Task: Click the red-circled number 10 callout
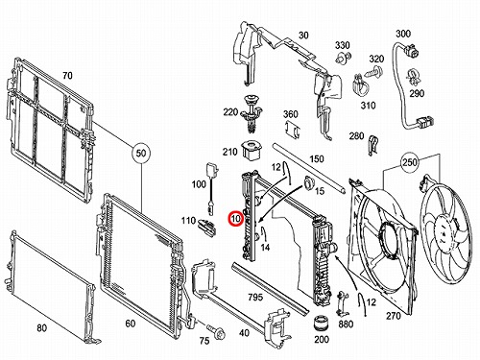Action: pos(236,219)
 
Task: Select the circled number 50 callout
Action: pos(141,153)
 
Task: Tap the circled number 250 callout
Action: pos(410,162)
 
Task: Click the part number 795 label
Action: pos(255,298)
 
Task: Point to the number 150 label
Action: pos(317,159)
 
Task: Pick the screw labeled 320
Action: pos(374,70)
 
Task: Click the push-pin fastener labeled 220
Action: pos(252,113)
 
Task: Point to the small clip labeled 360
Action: pos(292,129)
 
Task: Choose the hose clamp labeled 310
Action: pos(361,84)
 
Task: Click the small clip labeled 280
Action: pos(372,145)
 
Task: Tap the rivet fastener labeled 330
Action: pos(344,58)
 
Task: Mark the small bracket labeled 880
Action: pos(342,303)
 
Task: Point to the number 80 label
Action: pos(42,328)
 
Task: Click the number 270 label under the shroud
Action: pos(394,316)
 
